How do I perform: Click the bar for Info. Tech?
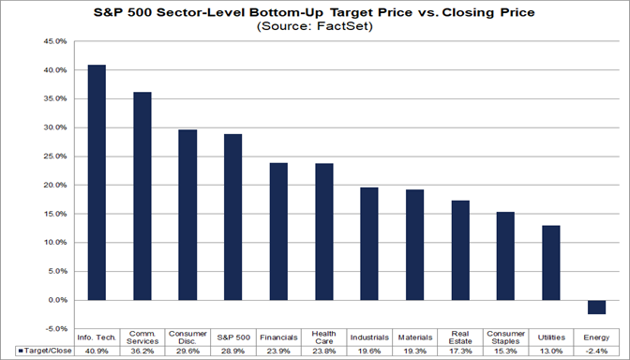coord(97,183)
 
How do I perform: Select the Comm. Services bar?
coord(142,196)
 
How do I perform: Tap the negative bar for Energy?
coord(597,307)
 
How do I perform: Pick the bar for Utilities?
coord(551,262)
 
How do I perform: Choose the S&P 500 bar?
coord(233,217)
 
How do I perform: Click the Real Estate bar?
coord(460,250)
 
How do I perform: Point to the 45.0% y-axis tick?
coord(53,41)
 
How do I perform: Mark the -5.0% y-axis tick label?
coord(54,328)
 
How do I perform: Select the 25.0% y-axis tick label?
coord(53,157)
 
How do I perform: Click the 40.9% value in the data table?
coord(97,350)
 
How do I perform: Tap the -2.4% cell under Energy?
coord(597,350)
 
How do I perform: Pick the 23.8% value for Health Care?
coord(324,350)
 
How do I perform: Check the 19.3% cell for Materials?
coord(415,350)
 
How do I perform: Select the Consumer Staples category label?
coord(506,337)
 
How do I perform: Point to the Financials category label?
coord(279,337)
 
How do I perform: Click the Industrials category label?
coord(369,337)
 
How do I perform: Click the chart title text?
coord(315,12)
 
